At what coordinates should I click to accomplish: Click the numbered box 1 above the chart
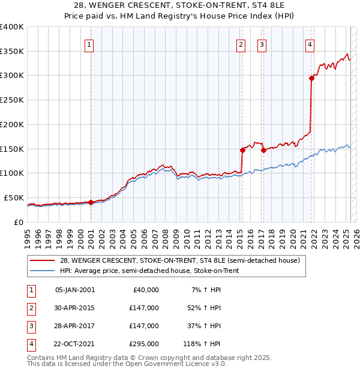89,44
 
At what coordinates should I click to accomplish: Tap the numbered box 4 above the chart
310,44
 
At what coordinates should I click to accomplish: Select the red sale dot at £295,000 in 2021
311,77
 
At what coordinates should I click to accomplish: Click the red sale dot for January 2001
91,202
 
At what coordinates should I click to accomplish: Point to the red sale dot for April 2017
263,150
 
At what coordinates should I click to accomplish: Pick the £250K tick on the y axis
12,100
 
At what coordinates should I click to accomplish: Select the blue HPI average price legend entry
149,271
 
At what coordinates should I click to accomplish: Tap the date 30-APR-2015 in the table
74,308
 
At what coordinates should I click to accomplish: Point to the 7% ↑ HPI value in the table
205,290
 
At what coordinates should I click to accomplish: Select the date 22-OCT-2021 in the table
74,344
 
